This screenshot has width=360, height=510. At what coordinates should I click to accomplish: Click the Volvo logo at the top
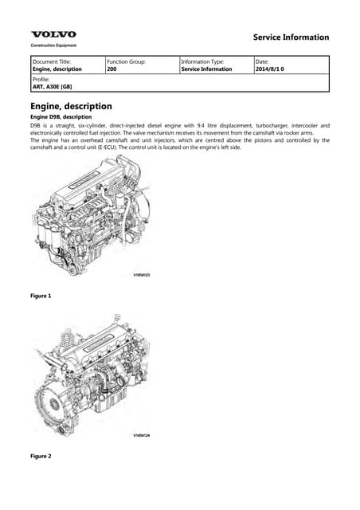click(x=53, y=34)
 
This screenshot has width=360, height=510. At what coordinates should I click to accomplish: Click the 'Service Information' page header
click(x=290, y=37)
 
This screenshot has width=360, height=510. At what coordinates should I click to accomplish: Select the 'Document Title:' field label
click(x=52, y=61)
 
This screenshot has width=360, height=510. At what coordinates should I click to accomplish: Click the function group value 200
click(x=112, y=69)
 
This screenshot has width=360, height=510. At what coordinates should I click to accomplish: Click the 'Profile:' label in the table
click(x=41, y=80)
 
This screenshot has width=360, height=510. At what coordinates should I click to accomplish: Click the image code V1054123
click(x=141, y=275)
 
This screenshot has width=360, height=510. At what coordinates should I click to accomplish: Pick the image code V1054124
click(x=141, y=435)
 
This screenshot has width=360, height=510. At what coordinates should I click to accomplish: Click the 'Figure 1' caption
click(x=41, y=296)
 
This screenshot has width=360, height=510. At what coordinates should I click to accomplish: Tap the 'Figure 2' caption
click(x=41, y=456)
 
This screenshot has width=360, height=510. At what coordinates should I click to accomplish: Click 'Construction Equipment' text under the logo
click(x=53, y=45)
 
